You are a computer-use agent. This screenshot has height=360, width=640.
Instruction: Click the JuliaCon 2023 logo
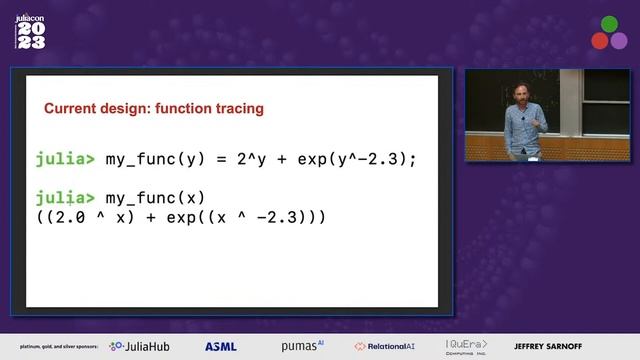coord(30,32)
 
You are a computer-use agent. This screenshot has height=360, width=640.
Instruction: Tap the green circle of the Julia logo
coord(608,24)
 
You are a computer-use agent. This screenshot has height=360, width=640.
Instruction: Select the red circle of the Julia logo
coord(598,41)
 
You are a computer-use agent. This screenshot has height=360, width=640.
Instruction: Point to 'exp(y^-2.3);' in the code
coord(355,159)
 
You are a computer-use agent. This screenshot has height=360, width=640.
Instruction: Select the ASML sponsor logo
coord(221,346)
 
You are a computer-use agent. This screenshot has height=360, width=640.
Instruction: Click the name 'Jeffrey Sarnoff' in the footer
coord(548,346)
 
